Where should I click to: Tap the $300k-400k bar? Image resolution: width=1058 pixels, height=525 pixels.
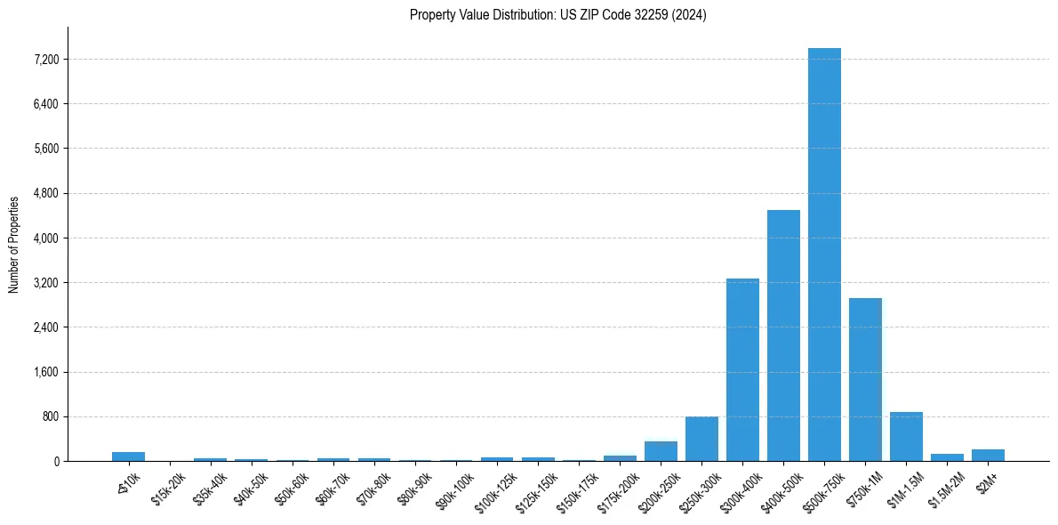[x=742, y=369]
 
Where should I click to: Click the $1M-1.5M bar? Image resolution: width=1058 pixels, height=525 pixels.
[x=906, y=437]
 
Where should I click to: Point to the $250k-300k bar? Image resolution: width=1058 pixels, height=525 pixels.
[x=701, y=439]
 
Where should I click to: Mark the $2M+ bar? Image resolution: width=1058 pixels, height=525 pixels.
[x=988, y=455]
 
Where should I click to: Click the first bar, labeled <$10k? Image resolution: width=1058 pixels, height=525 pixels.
[x=128, y=456]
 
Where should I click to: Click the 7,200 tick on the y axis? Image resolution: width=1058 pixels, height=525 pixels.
[x=44, y=60]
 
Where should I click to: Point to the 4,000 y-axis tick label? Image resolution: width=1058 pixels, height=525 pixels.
[x=44, y=238]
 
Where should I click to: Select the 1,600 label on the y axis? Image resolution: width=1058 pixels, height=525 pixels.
[x=44, y=372]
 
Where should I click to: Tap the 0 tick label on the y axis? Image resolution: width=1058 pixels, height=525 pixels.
[x=55, y=461]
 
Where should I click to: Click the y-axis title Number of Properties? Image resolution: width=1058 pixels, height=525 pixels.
[x=14, y=244]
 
